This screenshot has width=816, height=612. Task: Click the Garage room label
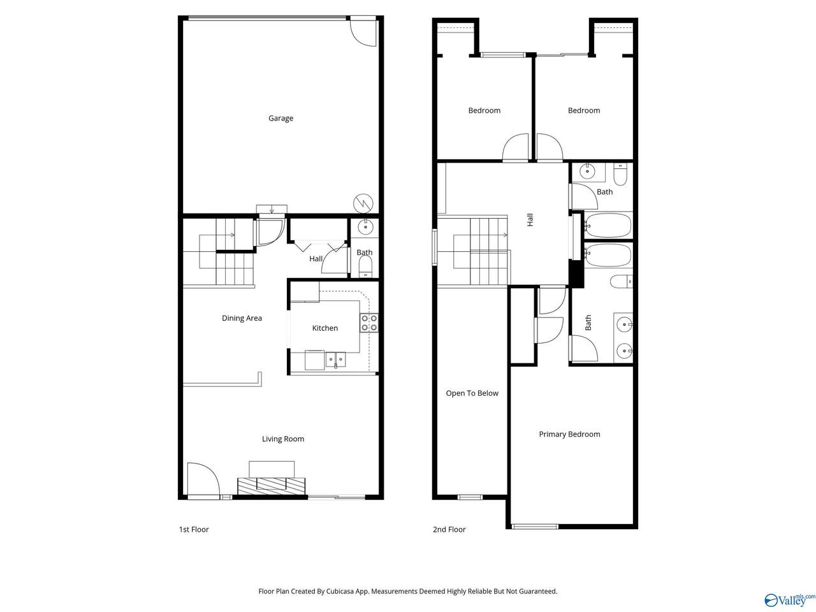pyautogui.click(x=280, y=118)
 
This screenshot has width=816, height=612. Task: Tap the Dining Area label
pyautogui.click(x=242, y=318)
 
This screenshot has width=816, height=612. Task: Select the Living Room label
pyautogui.click(x=283, y=439)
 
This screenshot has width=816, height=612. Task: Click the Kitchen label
pyautogui.click(x=325, y=328)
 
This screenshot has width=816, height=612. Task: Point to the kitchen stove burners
pyautogui.click(x=368, y=323)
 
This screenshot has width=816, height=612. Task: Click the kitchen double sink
pyautogui.click(x=335, y=360)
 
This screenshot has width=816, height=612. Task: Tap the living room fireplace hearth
pyautogui.click(x=272, y=486)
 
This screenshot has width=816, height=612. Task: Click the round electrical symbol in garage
pyautogui.click(x=363, y=203)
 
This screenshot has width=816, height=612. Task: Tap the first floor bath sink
pyautogui.click(x=365, y=226)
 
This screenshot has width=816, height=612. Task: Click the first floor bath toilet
pyautogui.click(x=365, y=266)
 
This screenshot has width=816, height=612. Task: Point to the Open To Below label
pyautogui.click(x=472, y=393)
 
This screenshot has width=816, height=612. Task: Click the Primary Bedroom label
pyautogui.click(x=569, y=434)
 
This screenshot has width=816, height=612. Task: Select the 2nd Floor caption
pyautogui.click(x=449, y=529)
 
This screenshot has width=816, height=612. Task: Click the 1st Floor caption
pyautogui.click(x=194, y=529)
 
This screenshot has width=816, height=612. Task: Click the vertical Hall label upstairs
pyautogui.click(x=530, y=219)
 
